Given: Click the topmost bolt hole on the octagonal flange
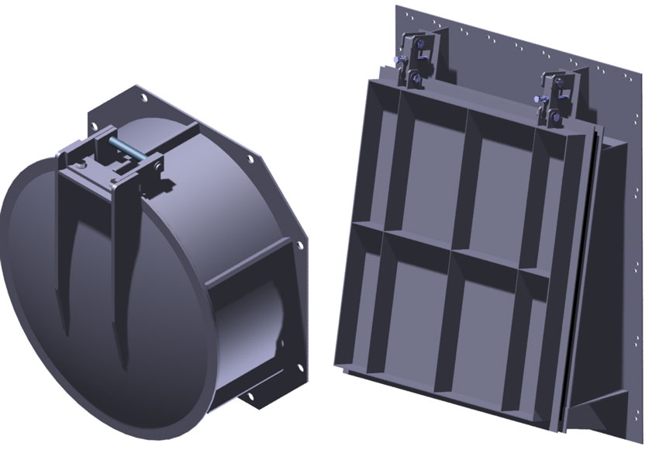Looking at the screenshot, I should point(143,98).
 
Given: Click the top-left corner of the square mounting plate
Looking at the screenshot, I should point(398,8).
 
